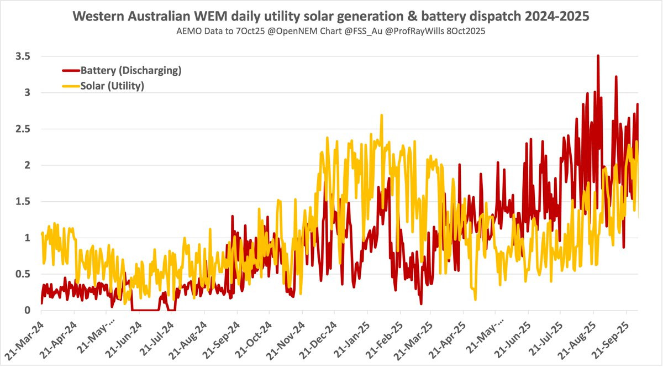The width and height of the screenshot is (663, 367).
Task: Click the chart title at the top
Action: pyautogui.click(x=331, y=17)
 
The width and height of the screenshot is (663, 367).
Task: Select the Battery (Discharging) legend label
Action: pyautogui.click(x=131, y=71)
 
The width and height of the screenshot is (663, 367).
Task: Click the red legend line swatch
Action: pyautogui.click(x=70, y=71)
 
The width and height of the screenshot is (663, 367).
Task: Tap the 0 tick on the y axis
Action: pyautogui.click(x=27, y=311)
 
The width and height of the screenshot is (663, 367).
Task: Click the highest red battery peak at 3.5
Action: pyautogui.click(x=598, y=56)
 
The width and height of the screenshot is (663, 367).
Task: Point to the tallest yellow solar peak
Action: pyautogui.click(x=381, y=116)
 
